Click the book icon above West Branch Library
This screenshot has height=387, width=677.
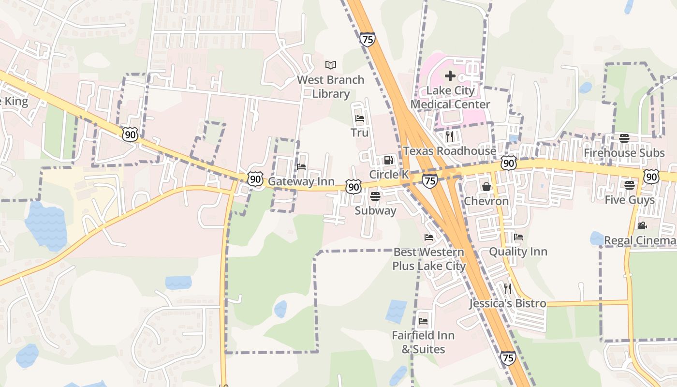pos(331,65)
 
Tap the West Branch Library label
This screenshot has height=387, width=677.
pos(331,87)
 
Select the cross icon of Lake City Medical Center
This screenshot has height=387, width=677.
pos(450,76)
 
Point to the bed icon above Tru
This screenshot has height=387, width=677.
pos(359,118)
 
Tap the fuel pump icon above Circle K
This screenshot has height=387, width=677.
pos(388,160)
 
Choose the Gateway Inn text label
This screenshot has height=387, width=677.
pos(301,181)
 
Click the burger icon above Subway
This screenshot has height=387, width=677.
pos(375,196)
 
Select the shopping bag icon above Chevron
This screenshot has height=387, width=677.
pos(486,186)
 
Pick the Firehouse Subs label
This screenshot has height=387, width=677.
pos(624,153)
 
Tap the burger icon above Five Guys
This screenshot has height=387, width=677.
pos(629,185)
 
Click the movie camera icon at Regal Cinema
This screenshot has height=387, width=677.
pos(642,225)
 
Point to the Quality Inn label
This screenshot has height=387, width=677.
pos(518,252)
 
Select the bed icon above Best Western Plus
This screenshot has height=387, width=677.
pos(428,237)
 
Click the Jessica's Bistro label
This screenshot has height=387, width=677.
pos(508,303)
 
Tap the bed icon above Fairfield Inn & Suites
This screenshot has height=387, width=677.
pos(423,321)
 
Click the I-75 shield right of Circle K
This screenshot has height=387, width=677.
pos(429,180)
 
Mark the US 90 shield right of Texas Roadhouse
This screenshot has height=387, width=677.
pos(508,163)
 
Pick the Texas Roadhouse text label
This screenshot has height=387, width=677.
pos(450,151)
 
